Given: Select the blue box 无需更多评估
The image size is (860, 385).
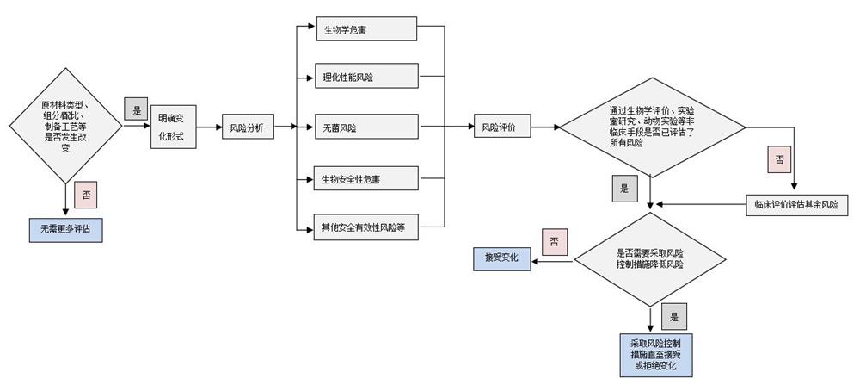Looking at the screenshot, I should (x=65, y=230).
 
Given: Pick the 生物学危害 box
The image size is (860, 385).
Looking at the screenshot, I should (x=365, y=29).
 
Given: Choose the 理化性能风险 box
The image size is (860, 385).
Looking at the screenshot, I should (x=365, y=78).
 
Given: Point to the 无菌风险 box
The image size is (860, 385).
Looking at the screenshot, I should (x=365, y=127).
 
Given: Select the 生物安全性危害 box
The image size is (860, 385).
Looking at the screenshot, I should (x=365, y=179).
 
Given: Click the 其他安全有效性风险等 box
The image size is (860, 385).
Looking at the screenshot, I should (x=365, y=227).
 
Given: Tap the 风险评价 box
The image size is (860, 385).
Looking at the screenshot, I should (x=501, y=127).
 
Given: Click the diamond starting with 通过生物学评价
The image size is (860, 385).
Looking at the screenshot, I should (x=650, y=127).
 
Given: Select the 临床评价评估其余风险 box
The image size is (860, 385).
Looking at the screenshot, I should (x=795, y=205).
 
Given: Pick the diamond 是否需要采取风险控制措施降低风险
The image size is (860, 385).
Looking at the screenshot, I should (x=650, y=258).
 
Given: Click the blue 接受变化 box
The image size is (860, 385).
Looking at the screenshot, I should (x=501, y=257).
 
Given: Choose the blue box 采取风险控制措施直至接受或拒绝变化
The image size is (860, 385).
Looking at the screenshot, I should (x=650, y=354).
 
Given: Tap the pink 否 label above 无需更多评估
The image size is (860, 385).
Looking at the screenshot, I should (x=86, y=195).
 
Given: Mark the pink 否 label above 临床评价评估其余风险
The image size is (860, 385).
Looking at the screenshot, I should (x=779, y=160).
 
